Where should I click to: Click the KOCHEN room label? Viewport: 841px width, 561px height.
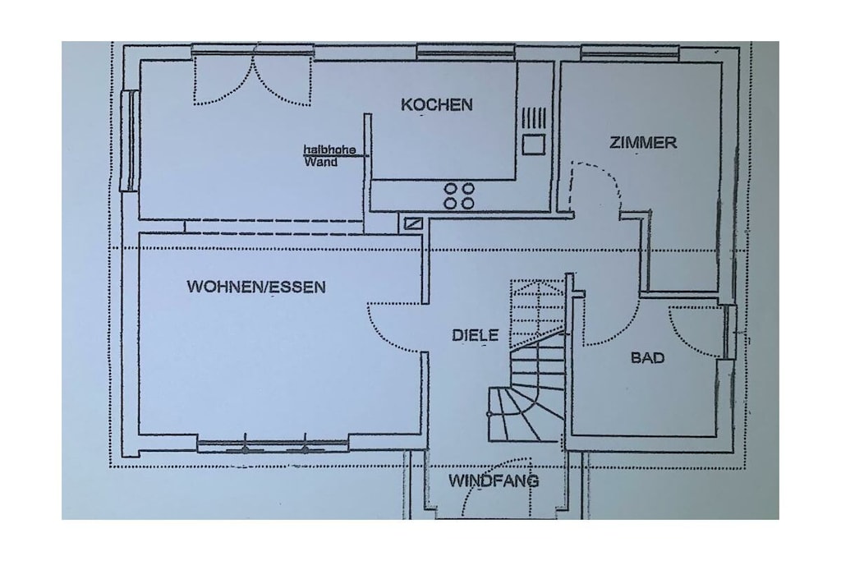[437, 104]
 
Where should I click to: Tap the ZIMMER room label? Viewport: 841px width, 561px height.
[643, 143]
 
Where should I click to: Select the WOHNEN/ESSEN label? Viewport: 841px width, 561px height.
[256, 287]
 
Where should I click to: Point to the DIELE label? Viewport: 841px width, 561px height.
[476, 336]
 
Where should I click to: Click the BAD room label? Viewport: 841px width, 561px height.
[647, 358]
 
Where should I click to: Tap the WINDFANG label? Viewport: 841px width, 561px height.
[494, 481]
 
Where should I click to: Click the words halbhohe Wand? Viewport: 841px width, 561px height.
[329, 155]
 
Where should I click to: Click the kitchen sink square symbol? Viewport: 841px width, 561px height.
[534, 144]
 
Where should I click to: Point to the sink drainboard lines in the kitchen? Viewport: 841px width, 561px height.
[534, 117]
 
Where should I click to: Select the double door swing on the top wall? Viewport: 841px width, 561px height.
[252, 80]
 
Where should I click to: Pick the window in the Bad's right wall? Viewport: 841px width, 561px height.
[729, 332]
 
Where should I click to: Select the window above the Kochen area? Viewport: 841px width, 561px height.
[466, 52]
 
